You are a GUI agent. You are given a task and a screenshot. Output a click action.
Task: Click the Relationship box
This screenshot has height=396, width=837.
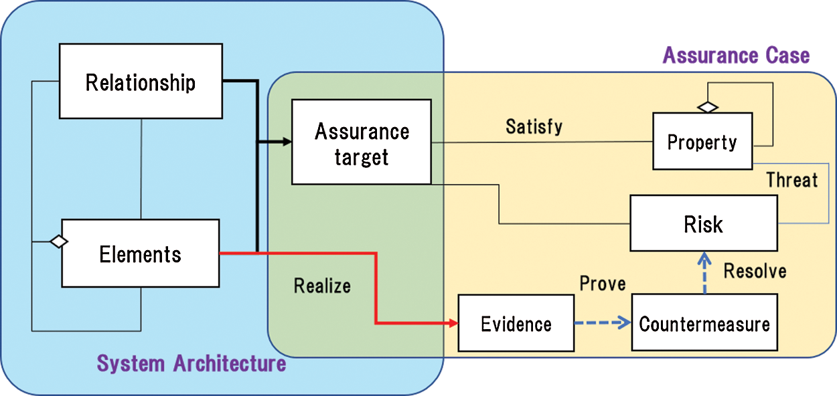141,81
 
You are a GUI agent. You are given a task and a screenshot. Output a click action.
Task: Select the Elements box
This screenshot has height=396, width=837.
141,254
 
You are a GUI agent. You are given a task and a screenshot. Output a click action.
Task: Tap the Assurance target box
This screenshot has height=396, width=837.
362,142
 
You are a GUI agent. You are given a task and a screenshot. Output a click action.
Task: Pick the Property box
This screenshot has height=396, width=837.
702,142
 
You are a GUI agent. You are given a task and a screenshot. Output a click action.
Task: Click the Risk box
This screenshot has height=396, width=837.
703,223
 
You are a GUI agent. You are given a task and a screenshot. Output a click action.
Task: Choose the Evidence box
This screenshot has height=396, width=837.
516,324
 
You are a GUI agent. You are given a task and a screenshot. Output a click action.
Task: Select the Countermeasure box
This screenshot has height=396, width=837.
704,324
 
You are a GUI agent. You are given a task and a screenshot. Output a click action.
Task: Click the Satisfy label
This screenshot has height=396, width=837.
534,126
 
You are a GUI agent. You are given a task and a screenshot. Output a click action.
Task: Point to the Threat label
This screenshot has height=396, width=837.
792,179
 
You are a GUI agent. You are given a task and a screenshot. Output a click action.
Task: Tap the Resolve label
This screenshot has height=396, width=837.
755,271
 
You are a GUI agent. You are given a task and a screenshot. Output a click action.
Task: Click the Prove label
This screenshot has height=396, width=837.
603,283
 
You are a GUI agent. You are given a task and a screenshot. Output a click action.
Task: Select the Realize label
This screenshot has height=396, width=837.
322,286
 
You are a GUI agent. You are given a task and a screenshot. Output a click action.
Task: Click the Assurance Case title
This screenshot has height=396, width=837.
736,55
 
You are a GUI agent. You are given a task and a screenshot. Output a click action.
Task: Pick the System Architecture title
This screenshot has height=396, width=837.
192,363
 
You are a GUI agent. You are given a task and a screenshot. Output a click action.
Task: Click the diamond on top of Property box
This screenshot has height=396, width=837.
707,106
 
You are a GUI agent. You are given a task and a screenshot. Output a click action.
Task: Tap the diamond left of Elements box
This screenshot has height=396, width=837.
59,241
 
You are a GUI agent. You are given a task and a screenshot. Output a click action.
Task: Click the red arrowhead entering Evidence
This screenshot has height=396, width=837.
453,324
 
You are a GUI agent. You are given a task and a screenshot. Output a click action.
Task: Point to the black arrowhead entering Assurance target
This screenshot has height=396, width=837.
287,141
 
